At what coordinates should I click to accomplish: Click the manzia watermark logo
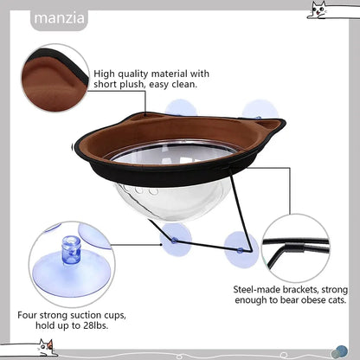tap(59, 19)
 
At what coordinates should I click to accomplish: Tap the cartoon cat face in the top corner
tap(318, 11)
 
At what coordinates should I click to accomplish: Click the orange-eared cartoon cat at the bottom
tap(46, 348)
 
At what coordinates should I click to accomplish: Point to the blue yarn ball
tap(340, 351)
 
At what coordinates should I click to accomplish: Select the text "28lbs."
tap(95, 325)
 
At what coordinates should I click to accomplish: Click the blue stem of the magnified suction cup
tap(71, 250)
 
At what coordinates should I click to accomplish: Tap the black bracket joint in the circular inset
tap(293, 247)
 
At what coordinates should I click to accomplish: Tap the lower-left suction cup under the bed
tap(176, 240)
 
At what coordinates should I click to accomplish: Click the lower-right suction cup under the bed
tap(241, 250)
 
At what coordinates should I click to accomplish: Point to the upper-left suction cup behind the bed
tap(181, 107)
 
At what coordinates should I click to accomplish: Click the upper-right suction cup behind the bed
tap(260, 109)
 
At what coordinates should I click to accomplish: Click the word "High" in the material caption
tap(105, 74)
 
